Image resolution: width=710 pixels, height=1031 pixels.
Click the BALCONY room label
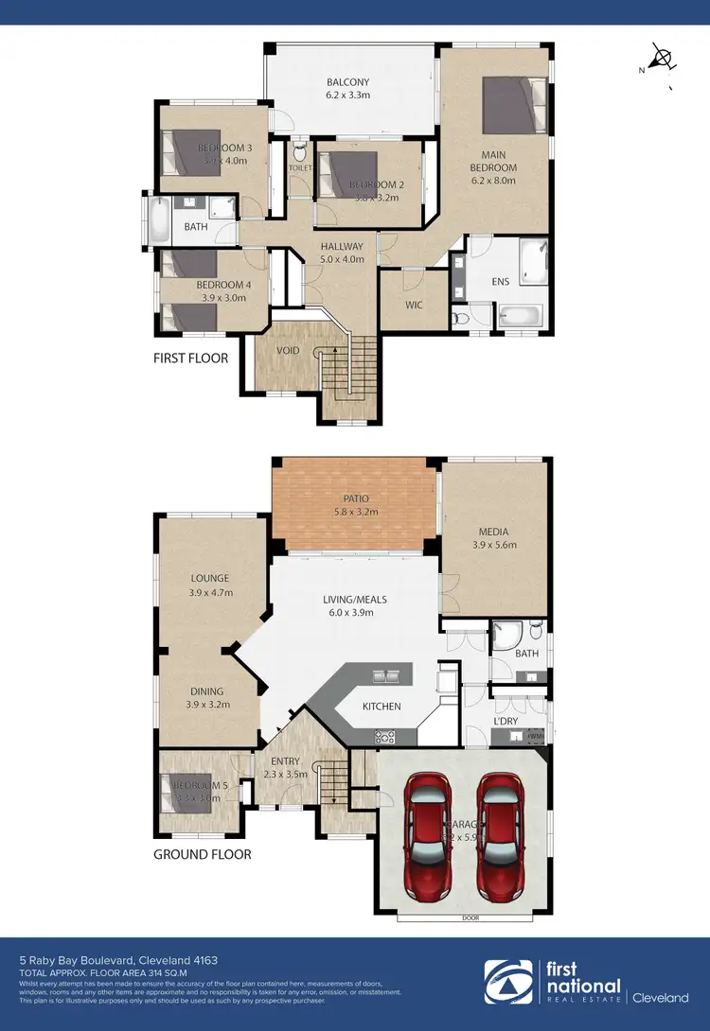(348, 81)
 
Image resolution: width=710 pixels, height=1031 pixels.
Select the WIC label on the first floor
(413, 305)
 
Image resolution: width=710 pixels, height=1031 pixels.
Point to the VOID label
(288, 350)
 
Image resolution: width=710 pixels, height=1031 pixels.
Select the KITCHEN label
(382, 706)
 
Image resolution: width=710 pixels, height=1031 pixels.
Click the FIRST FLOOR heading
(191, 358)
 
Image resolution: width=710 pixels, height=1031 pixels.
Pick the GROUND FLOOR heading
(203, 854)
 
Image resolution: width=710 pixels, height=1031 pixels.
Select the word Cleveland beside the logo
(660, 997)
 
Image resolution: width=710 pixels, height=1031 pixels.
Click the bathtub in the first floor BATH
(158, 219)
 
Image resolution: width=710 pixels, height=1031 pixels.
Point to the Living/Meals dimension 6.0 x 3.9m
(348, 612)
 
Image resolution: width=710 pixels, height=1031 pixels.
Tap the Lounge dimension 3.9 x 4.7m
(210, 593)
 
